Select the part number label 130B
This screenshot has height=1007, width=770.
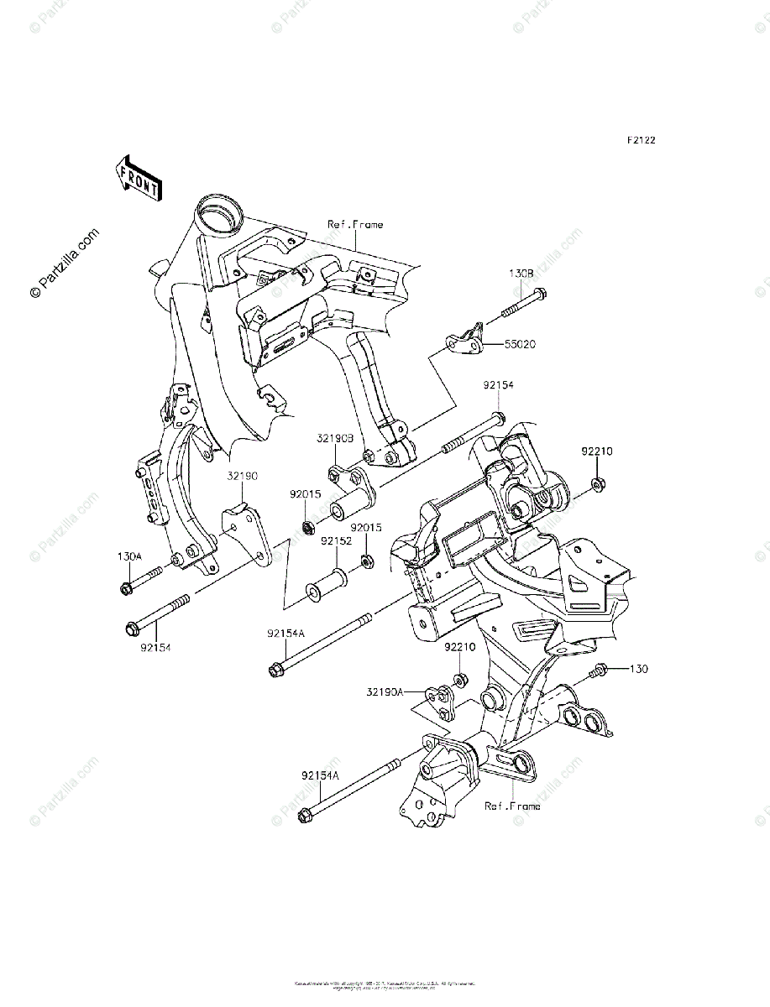tap(521, 274)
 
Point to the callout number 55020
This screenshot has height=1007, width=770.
tap(521, 344)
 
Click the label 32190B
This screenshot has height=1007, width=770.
tap(334, 438)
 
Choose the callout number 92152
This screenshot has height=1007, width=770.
tap(336, 542)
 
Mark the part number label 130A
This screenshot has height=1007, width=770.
tap(130, 556)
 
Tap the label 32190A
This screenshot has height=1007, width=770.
tap(385, 692)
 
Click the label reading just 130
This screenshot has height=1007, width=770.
tap(640, 669)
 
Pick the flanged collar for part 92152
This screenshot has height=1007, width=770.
tap(327, 583)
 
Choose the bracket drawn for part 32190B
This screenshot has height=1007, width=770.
tap(350, 482)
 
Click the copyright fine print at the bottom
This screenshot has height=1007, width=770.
tap(385, 984)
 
